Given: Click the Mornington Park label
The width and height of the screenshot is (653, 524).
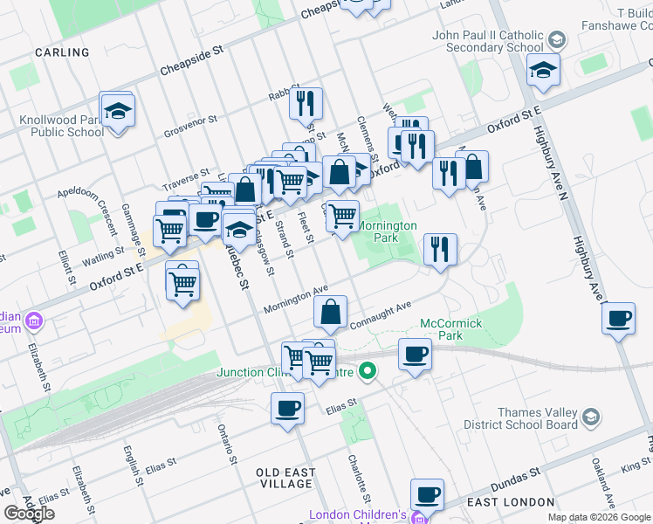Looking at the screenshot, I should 388,231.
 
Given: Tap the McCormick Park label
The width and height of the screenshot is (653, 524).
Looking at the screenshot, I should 451,329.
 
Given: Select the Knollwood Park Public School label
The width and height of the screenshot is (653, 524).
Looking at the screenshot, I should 67,126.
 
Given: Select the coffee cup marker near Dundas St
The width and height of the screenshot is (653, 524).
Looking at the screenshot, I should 427,494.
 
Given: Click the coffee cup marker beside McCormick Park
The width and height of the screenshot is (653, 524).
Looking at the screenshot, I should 415,355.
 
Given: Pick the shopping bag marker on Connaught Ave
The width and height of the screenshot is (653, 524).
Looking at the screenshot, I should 331,312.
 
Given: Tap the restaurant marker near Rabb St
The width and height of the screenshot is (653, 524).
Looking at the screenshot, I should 306,104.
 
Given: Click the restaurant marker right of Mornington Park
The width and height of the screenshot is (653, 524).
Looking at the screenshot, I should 440,249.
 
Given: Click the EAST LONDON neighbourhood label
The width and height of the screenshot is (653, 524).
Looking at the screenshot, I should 511,502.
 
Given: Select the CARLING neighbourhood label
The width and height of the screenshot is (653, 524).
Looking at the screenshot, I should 62,52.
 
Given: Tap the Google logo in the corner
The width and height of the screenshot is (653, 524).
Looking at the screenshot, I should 30,514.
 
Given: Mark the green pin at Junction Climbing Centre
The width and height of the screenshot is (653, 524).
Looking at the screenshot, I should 368,371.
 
